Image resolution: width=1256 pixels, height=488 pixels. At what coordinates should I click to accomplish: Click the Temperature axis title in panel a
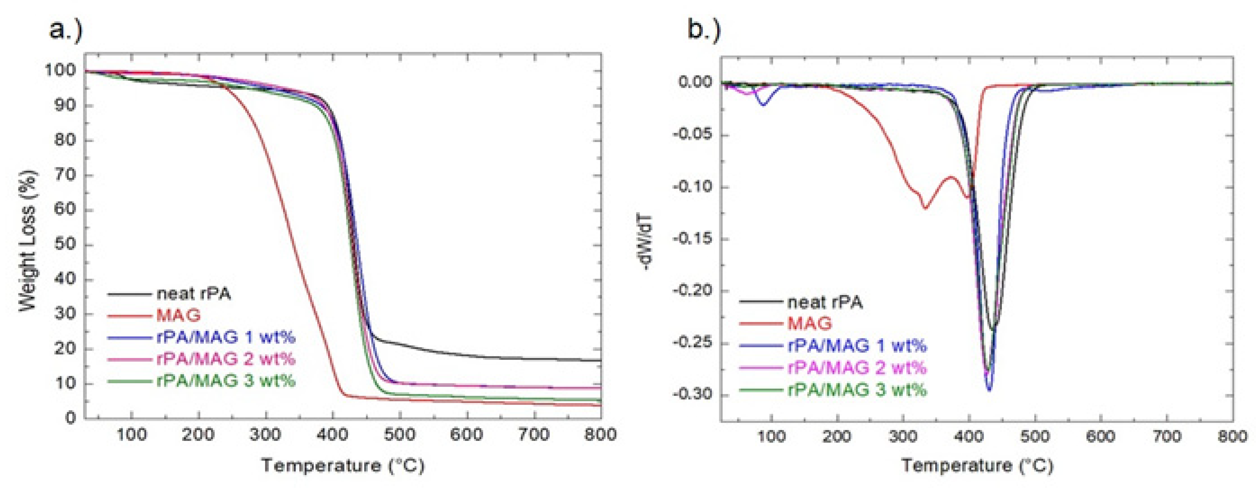click(x=343, y=466)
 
